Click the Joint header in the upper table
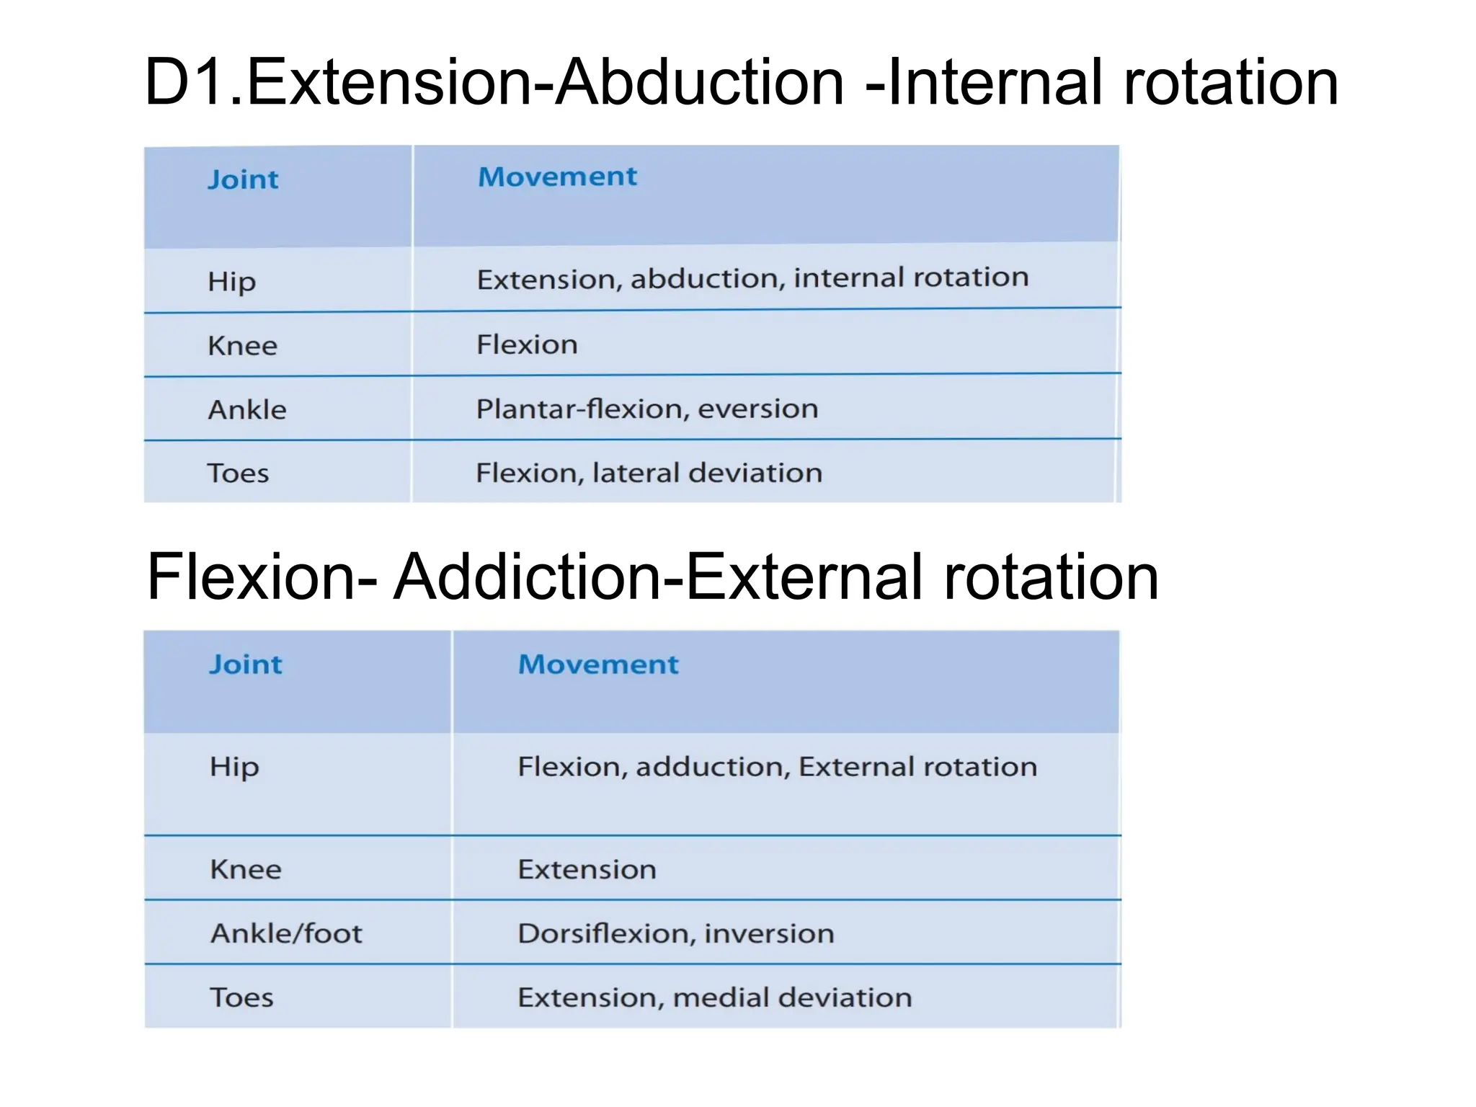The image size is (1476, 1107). point(243,179)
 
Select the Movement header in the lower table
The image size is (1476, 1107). point(598,664)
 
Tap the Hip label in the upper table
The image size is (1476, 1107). point(231,281)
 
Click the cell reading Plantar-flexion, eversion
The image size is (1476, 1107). point(647,409)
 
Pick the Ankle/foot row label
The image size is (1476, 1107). point(286,933)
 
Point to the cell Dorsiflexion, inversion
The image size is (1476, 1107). point(675,933)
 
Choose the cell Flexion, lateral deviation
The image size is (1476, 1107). point(649,473)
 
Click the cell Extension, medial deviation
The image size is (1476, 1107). point(714,997)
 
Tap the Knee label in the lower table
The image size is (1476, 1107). point(245,869)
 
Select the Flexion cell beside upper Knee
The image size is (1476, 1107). point(527,345)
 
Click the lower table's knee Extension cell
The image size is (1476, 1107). point(587,869)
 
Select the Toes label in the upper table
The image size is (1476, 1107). point(238,474)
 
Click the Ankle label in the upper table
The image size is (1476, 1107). point(247,410)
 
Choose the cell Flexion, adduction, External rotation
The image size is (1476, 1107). point(777,767)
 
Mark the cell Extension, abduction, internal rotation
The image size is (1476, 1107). point(752,278)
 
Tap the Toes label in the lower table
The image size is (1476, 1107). point(241,997)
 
